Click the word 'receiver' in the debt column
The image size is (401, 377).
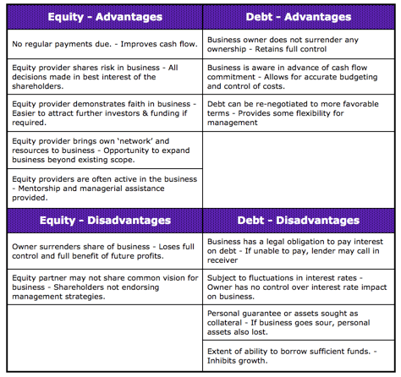228,260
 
